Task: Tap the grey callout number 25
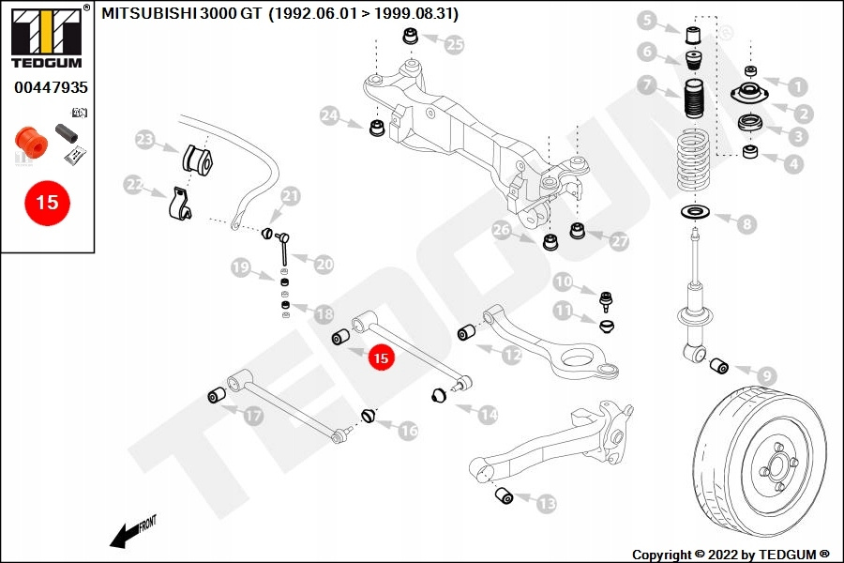[x=454, y=43]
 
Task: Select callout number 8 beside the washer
[x=747, y=223]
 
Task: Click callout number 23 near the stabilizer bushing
[x=144, y=141]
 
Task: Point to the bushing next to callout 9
[x=719, y=365]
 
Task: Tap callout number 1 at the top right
[x=797, y=87]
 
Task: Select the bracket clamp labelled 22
[x=177, y=206]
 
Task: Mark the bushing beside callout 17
[x=216, y=393]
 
